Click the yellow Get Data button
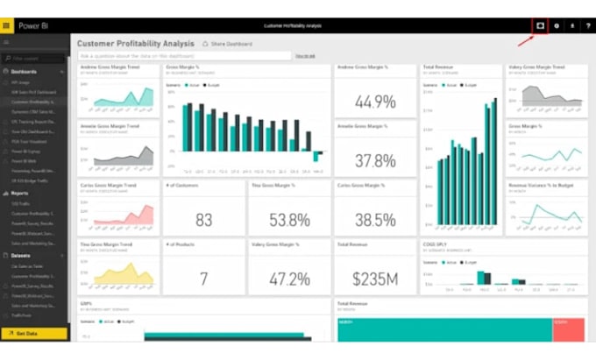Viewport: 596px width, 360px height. tap(34, 334)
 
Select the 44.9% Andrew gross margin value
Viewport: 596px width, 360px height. tap(376, 102)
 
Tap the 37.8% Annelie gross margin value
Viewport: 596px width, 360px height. tap(376, 161)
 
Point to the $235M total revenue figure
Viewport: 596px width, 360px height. tap(376, 279)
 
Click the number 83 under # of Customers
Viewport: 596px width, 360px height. tap(204, 220)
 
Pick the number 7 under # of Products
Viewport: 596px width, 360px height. tap(204, 279)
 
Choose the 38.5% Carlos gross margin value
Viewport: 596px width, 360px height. tap(376, 220)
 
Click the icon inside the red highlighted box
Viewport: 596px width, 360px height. tap(541, 25)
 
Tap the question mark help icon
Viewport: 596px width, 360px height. tap(587, 25)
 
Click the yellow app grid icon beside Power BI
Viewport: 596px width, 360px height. tap(7, 25)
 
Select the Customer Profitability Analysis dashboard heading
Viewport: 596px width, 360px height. tap(135, 43)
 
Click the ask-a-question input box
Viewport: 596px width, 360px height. tap(184, 55)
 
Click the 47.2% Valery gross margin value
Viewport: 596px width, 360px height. tap(290, 279)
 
